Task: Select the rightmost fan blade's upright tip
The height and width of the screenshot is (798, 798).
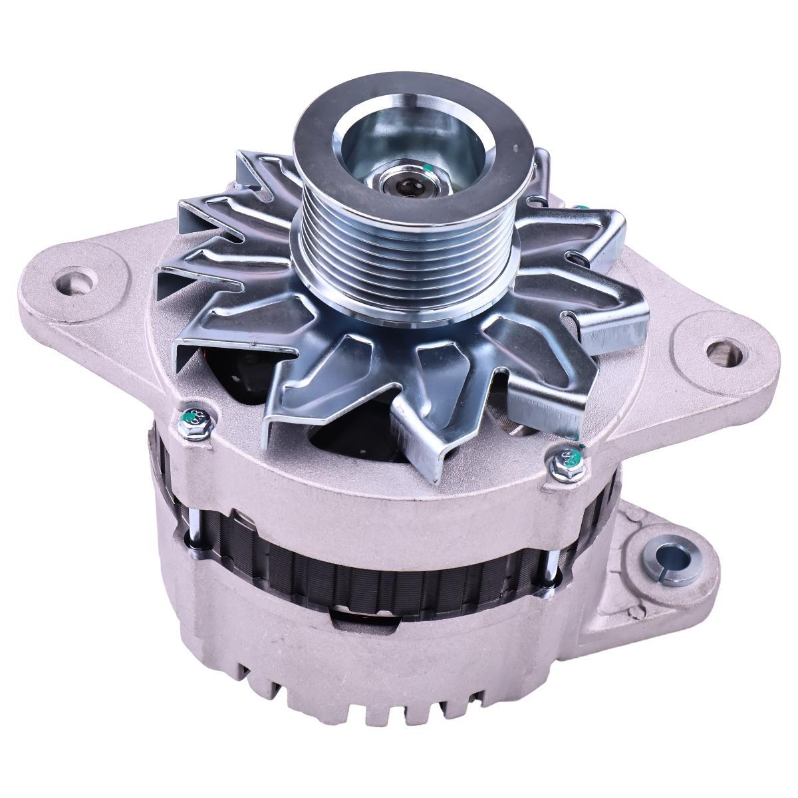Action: pos(635,332)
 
